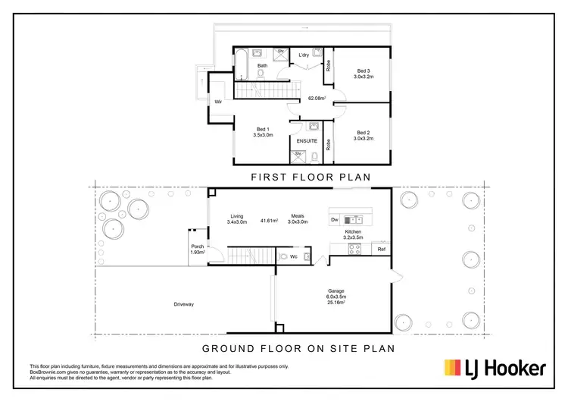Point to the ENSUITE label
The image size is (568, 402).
click(x=306, y=141)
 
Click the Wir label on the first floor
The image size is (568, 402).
click(x=217, y=101)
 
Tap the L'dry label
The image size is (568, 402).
click(x=304, y=55)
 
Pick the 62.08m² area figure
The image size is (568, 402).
click(x=317, y=98)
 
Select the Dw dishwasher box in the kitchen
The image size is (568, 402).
click(x=335, y=220)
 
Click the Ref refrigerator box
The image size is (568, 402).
click(x=382, y=249)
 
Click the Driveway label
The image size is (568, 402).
click(x=184, y=304)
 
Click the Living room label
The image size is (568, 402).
click(x=237, y=216)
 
